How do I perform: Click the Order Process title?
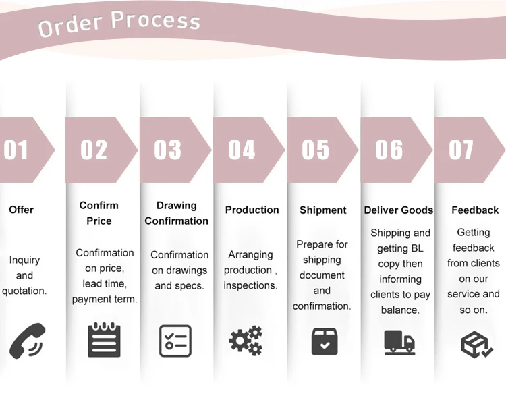tap(119, 24)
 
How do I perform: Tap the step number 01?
tap(16, 150)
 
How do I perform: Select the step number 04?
tap(242, 150)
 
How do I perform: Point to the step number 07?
tap(461, 150)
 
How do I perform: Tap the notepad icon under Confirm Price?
tap(105, 339)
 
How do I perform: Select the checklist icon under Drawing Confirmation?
tap(175, 341)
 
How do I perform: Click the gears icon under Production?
tap(246, 341)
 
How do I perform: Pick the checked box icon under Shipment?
tap(325, 341)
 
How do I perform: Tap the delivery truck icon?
tap(399, 341)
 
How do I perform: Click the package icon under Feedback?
tap(476, 343)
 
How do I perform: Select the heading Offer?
tap(21, 210)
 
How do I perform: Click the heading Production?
tap(252, 210)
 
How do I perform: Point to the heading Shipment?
tap(323, 210)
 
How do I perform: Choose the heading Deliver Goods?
tap(399, 210)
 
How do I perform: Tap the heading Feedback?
tap(475, 210)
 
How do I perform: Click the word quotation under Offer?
tap(24, 291)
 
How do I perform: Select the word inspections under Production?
tap(251, 285)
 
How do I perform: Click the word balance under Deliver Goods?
tap(400, 310)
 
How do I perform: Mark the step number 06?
tap(389, 150)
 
